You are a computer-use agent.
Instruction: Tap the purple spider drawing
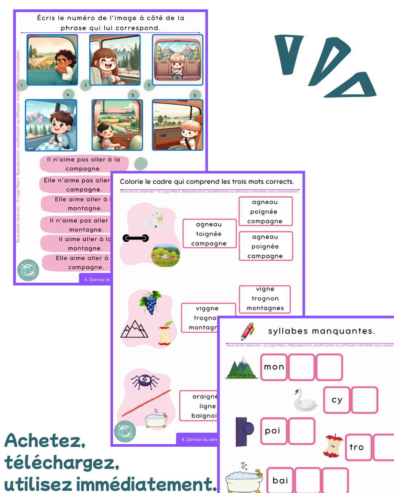click(x=145, y=381)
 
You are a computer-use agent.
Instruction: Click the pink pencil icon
click(x=248, y=331)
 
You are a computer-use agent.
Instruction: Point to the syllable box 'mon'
click(x=274, y=367)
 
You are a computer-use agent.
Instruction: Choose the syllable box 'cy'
click(x=337, y=400)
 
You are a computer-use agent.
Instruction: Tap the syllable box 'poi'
click(x=273, y=431)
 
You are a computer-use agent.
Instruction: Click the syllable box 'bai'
click(x=280, y=480)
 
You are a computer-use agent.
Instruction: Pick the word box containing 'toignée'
click(x=209, y=234)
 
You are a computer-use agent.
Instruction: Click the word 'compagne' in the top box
click(x=265, y=221)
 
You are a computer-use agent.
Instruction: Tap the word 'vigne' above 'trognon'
click(x=265, y=289)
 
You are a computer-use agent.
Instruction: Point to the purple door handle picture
click(x=244, y=432)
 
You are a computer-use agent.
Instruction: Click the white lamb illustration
click(x=153, y=220)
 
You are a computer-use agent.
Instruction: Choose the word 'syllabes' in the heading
click(x=288, y=331)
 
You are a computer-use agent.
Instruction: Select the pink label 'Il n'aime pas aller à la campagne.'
click(x=84, y=164)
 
